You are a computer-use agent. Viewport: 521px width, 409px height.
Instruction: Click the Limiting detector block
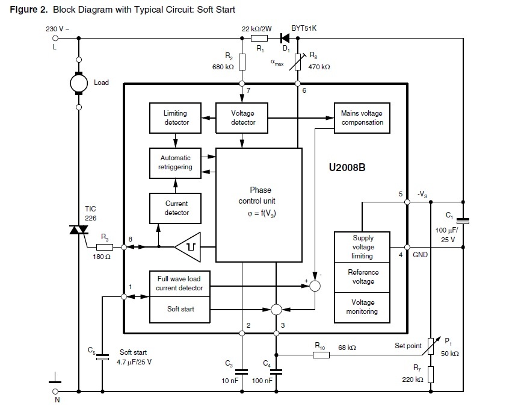(176, 118)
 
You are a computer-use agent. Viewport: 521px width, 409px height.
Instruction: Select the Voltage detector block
(242, 118)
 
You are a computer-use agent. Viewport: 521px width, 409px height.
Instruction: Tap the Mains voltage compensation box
(362, 118)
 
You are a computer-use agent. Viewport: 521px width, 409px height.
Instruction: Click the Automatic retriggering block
(176, 163)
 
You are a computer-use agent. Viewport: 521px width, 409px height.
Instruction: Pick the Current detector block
(176, 208)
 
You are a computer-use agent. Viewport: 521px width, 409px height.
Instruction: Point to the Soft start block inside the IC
(180, 310)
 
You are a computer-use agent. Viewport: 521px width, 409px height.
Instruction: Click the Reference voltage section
(362, 277)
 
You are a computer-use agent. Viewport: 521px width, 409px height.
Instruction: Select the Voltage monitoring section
(362, 307)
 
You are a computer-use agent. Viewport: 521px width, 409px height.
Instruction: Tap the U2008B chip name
(347, 167)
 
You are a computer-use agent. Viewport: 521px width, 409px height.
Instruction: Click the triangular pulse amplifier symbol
(188, 247)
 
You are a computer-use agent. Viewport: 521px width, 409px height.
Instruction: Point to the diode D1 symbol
(285, 39)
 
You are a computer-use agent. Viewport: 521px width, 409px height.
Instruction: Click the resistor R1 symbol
(259, 39)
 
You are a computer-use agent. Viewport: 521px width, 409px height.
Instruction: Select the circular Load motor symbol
(79, 83)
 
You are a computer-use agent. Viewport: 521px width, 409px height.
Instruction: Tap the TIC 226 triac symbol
(79, 229)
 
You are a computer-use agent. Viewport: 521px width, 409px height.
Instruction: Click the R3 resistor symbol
(105, 247)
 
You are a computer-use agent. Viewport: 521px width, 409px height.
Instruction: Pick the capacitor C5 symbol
(102, 357)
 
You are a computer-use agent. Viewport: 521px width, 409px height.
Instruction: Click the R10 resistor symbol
(321, 355)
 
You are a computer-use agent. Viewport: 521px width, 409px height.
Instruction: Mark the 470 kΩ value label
(319, 67)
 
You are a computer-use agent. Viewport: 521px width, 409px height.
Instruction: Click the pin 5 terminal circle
(407, 202)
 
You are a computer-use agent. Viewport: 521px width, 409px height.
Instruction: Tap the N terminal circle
(55, 392)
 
